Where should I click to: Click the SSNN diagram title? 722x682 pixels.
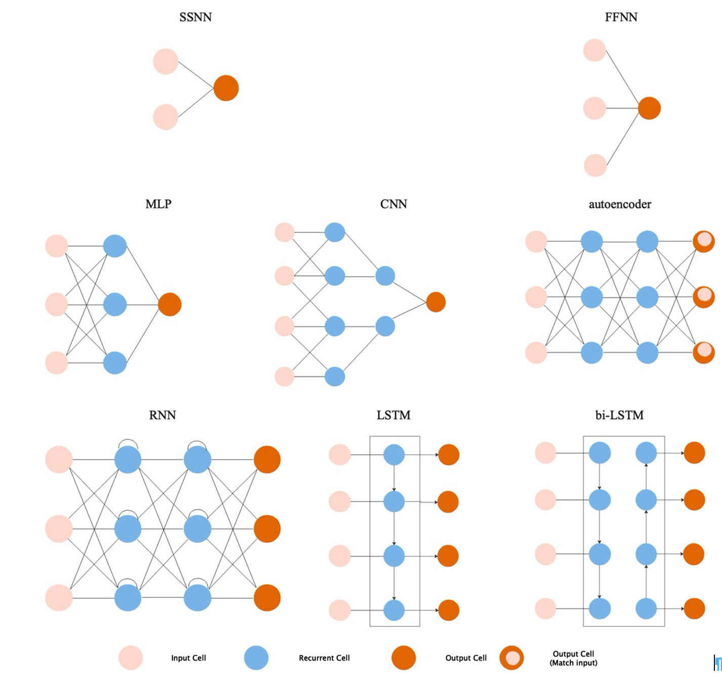195,17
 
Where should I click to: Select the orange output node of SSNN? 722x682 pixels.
226,88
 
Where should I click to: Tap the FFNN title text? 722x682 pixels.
621,17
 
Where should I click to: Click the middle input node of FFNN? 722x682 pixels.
594,108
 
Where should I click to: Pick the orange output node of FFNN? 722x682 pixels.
649,108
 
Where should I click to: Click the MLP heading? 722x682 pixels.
158,204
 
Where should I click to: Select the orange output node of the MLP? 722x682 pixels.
170,304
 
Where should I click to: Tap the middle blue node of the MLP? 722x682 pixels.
115,304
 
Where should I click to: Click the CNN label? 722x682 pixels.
394,204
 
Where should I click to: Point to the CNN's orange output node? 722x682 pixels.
436,302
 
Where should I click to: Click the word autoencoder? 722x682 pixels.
620,204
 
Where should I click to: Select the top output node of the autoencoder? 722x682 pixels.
704,241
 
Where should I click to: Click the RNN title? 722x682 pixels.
163,415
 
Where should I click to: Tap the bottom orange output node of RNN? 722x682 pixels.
267,598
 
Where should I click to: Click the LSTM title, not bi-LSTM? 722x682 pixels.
394,415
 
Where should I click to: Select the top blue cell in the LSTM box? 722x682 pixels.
394,454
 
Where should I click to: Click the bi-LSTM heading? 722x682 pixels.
620,415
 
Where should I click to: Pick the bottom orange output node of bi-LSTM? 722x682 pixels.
694,609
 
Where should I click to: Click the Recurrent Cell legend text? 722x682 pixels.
324,658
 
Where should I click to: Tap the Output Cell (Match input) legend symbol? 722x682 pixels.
512,658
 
